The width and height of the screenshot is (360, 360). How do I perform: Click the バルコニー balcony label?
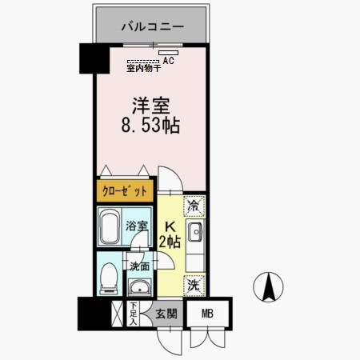[x=153, y=27]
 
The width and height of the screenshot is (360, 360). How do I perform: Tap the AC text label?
[x=169, y=60]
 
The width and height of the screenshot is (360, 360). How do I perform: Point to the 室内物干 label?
[x=144, y=69]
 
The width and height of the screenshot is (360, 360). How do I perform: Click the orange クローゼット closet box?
[x=125, y=192]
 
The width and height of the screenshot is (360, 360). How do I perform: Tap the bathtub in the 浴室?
[x=110, y=228]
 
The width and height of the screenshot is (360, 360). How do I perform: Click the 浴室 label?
[x=137, y=227]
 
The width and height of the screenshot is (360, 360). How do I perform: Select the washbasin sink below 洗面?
[x=139, y=287]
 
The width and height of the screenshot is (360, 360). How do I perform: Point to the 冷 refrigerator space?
[x=194, y=206]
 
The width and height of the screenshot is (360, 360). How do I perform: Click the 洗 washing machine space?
[x=194, y=283]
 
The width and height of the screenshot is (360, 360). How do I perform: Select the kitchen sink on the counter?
[x=197, y=233]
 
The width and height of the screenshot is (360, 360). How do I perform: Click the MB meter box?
[x=208, y=314]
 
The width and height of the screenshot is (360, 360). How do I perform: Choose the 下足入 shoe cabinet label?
[x=133, y=313]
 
